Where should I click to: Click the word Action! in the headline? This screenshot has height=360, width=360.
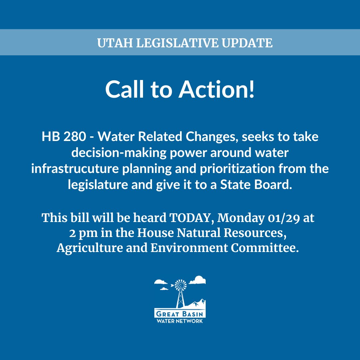217,89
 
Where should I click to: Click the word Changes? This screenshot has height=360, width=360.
198,137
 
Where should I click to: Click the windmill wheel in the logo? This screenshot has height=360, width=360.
180,285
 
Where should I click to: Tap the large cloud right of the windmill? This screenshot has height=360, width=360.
198,280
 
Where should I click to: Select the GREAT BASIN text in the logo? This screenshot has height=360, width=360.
180,314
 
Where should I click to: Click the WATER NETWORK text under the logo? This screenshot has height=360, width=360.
180,321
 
